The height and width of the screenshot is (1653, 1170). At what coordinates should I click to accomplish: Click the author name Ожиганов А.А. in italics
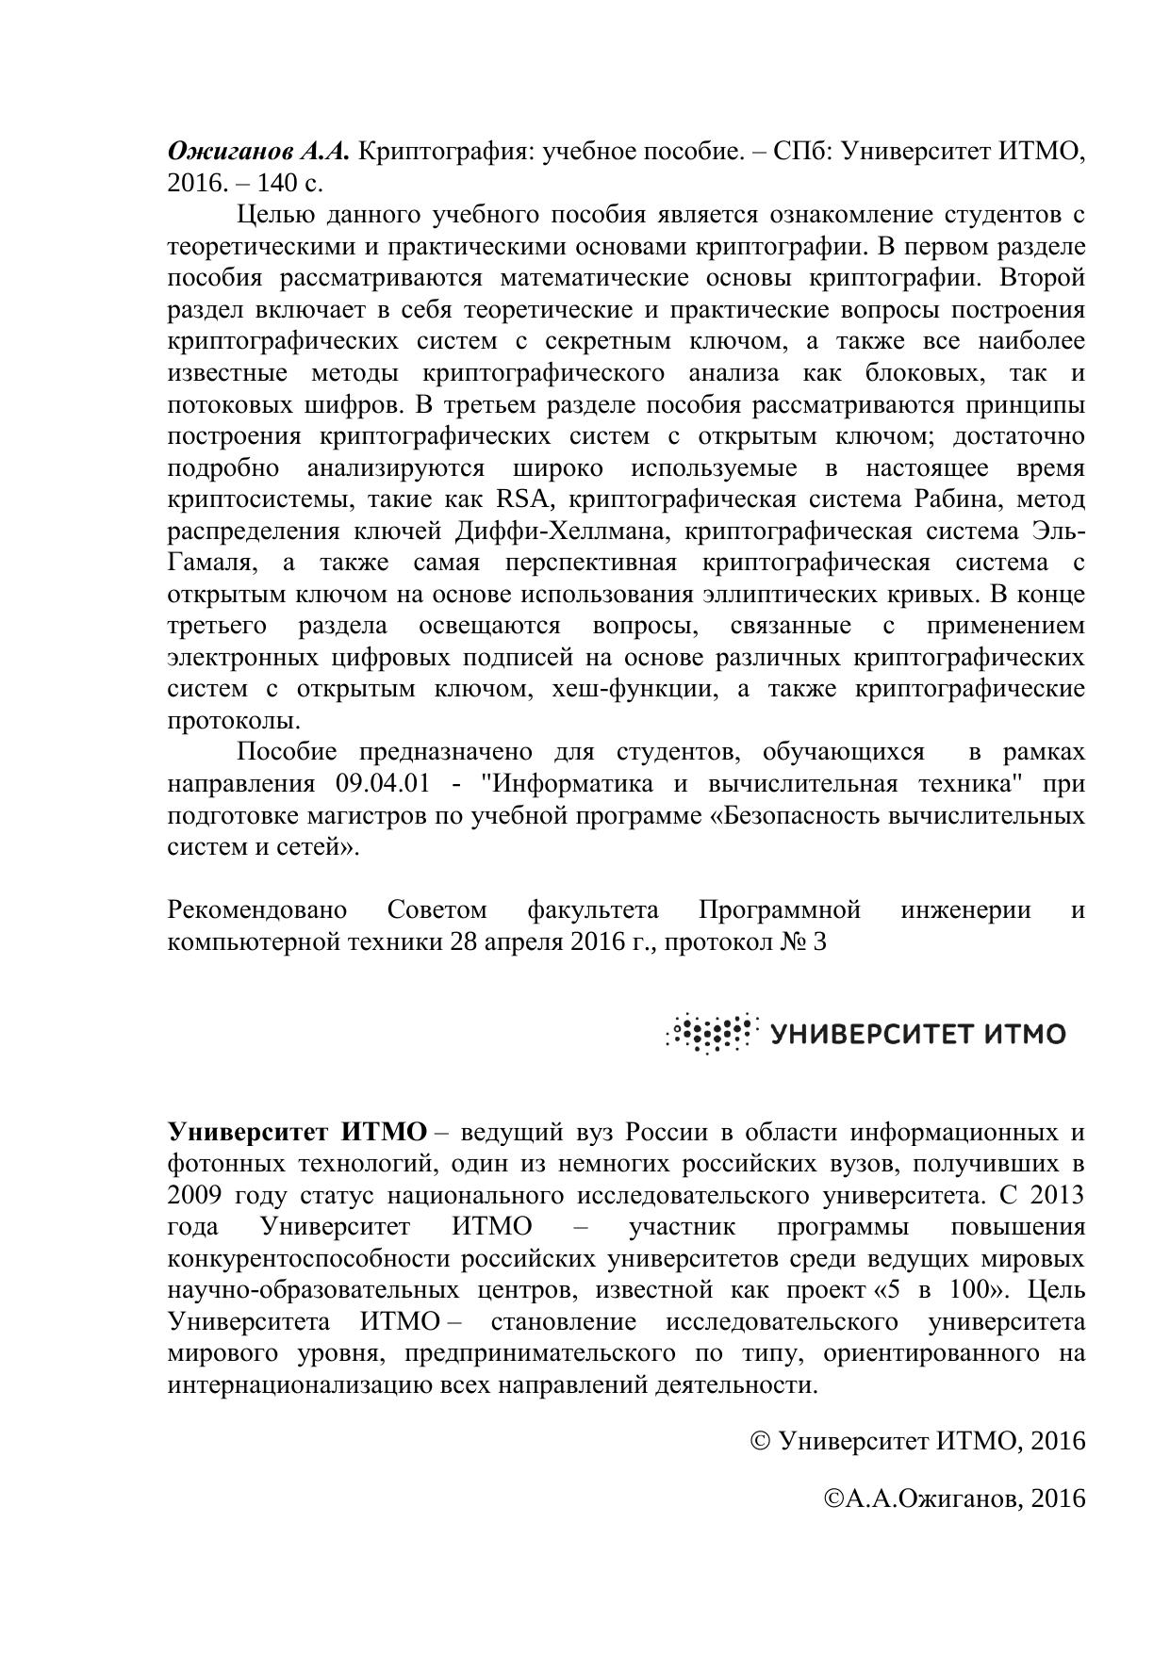(258, 152)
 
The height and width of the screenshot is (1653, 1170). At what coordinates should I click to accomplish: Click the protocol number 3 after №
(818, 942)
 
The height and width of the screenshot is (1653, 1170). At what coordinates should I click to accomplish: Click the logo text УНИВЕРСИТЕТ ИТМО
(917, 1035)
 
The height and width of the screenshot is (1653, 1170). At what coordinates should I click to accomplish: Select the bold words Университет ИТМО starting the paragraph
(297, 1132)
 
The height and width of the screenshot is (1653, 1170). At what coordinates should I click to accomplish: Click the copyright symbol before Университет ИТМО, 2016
(761, 1441)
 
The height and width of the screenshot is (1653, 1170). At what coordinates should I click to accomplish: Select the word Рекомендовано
(256, 910)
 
